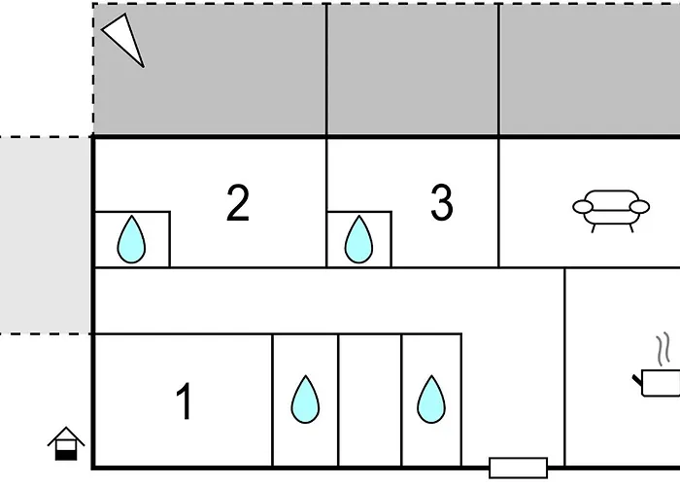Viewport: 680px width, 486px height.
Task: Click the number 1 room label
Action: click(x=184, y=402)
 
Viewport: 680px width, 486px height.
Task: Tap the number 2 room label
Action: click(x=238, y=204)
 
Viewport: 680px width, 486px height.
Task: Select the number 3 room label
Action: click(x=442, y=204)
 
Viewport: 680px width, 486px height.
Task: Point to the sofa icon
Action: click(x=611, y=211)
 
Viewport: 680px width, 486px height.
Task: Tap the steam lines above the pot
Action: click(x=664, y=350)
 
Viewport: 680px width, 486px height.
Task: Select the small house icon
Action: click(x=66, y=443)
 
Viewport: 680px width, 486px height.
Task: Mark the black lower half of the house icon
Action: click(x=66, y=451)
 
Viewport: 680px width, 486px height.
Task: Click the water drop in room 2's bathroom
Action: click(x=131, y=240)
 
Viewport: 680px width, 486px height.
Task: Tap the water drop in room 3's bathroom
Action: click(x=358, y=240)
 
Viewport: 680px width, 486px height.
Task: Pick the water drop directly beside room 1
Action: click(x=306, y=399)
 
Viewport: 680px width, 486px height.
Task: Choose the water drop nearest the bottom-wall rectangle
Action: click(x=430, y=399)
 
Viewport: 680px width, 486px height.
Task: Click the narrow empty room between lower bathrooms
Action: click(x=370, y=399)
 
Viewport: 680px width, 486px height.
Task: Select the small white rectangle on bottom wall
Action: click(x=518, y=468)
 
